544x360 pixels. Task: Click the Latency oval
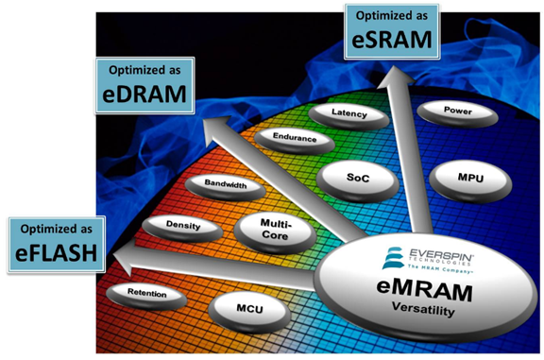(x=348, y=116)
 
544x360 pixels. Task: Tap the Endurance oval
(x=295, y=141)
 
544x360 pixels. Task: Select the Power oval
(x=458, y=114)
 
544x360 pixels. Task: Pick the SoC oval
(x=358, y=181)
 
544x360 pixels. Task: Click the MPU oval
(x=470, y=181)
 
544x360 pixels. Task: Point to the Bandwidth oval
(x=225, y=187)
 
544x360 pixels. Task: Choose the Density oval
(x=182, y=229)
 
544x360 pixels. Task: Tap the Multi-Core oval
(x=275, y=233)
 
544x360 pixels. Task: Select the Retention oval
(x=146, y=296)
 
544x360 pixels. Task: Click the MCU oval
(x=249, y=312)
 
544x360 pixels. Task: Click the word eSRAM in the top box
(x=392, y=40)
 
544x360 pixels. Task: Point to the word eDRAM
(x=144, y=94)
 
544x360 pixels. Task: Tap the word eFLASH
(x=57, y=252)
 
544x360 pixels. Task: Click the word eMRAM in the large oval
(x=424, y=291)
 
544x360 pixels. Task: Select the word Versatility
(x=423, y=309)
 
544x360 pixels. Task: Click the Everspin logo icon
(x=393, y=258)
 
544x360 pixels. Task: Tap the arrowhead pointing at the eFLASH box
(x=123, y=257)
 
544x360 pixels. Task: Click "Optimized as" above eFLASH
(x=57, y=229)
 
